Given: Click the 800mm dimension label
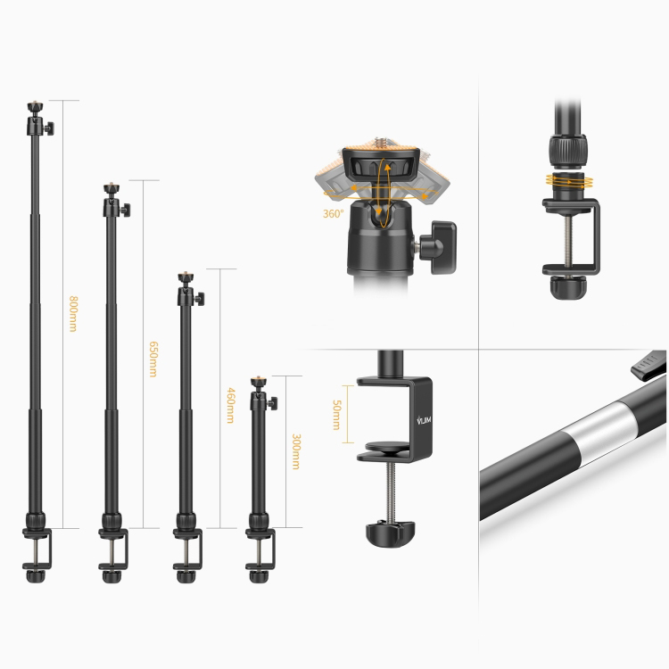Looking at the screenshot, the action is coord(73,314).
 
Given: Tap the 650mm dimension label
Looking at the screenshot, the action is coord(153,359).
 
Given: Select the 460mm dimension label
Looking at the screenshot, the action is coord(230,405).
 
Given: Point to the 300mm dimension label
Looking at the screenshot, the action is coord(296,451).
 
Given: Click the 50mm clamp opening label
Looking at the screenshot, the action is coord(336,414).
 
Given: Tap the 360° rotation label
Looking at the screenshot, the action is coord(334,213).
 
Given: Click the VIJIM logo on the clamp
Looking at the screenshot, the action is coord(424,420).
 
